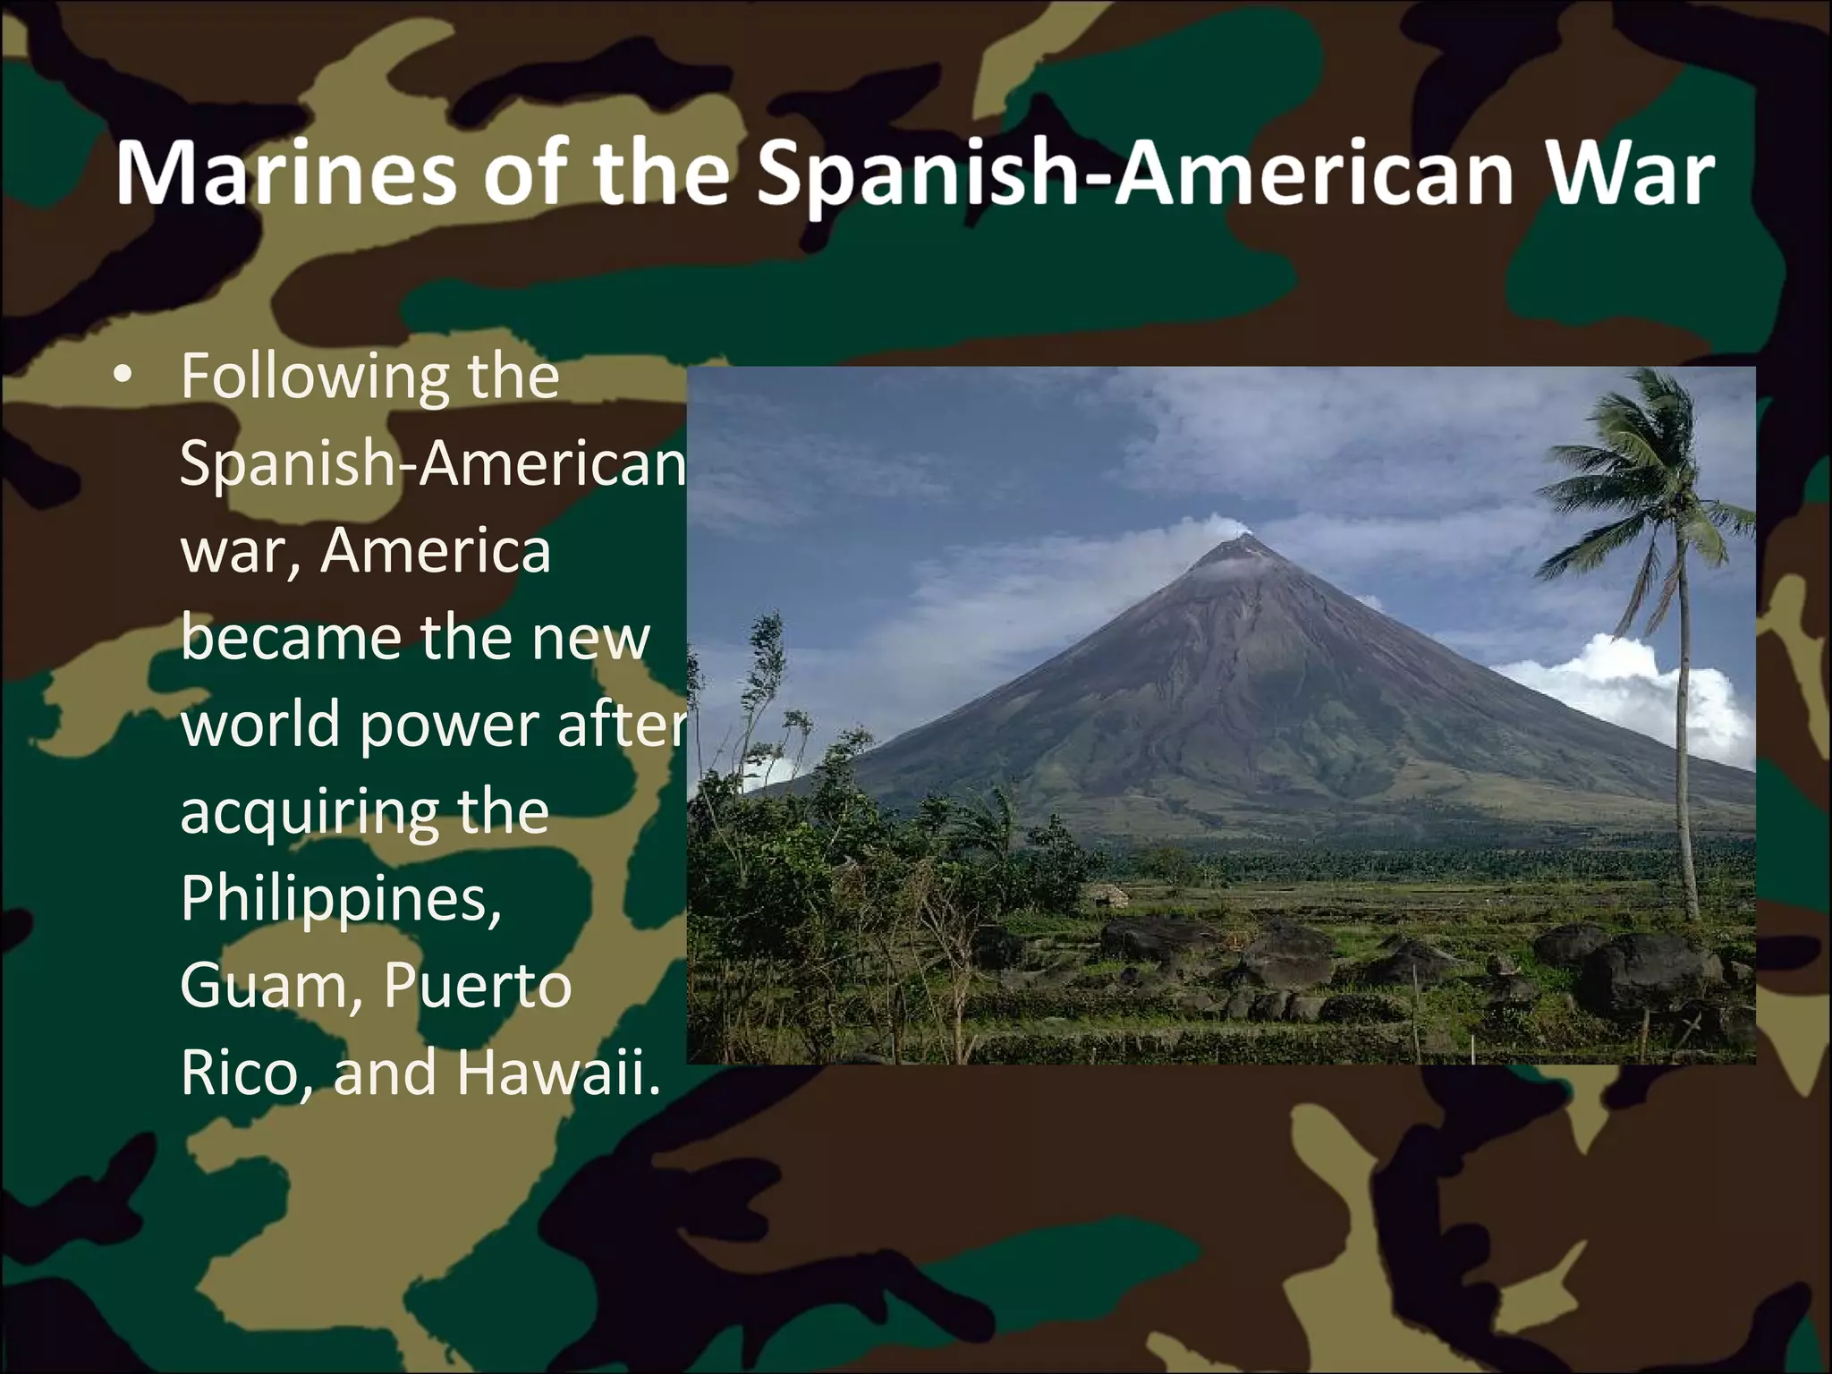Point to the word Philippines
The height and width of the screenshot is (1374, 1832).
coord(341,899)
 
